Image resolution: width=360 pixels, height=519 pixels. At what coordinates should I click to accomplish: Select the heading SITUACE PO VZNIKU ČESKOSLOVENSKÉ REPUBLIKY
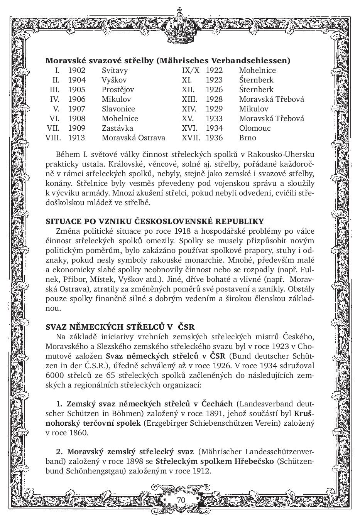[x=155, y=221]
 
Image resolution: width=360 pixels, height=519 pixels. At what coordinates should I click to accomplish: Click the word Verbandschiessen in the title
[x=254, y=61]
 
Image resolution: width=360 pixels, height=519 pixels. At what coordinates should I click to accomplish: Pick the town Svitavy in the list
[x=115, y=71]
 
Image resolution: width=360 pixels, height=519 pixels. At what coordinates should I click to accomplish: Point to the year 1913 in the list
[x=76, y=138]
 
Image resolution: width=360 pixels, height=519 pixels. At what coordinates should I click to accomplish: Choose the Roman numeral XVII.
[x=191, y=138]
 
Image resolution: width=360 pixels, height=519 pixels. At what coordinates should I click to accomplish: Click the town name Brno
[x=247, y=138]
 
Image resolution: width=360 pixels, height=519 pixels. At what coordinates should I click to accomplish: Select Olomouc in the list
[x=255, y=128]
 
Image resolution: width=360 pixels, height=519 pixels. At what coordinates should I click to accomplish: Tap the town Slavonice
[x=118, y=109]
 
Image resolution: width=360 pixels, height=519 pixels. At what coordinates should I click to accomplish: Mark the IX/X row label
[x=191, y=71]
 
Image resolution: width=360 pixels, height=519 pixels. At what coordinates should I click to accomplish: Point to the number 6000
[x=54, y=375]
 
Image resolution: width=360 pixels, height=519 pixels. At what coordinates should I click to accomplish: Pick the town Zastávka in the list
[x=117, y=128]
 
